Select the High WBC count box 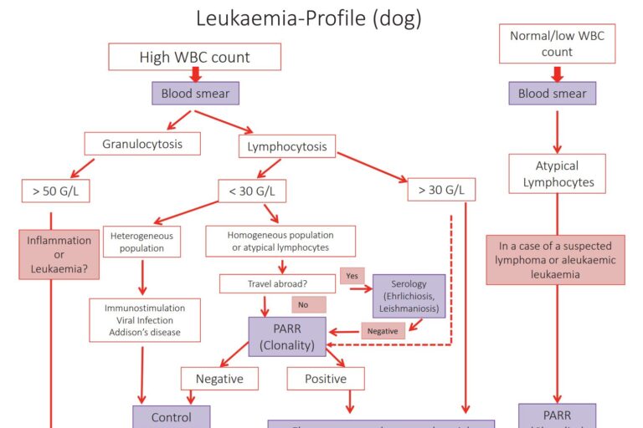[194, 57]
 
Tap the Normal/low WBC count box [557, 43]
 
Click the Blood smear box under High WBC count [195, 93]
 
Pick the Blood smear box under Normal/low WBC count [552, 93]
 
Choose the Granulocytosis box [141, 143]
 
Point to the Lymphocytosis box [286, 147]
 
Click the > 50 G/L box [56, 191]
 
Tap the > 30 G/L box [441, 190]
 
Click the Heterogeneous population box [141, 242]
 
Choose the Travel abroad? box [277, 283]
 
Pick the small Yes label [352, 275]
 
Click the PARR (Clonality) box [287, 337]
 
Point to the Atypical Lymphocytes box [557, 174]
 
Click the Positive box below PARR [326, 379]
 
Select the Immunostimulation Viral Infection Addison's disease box [145, 320]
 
